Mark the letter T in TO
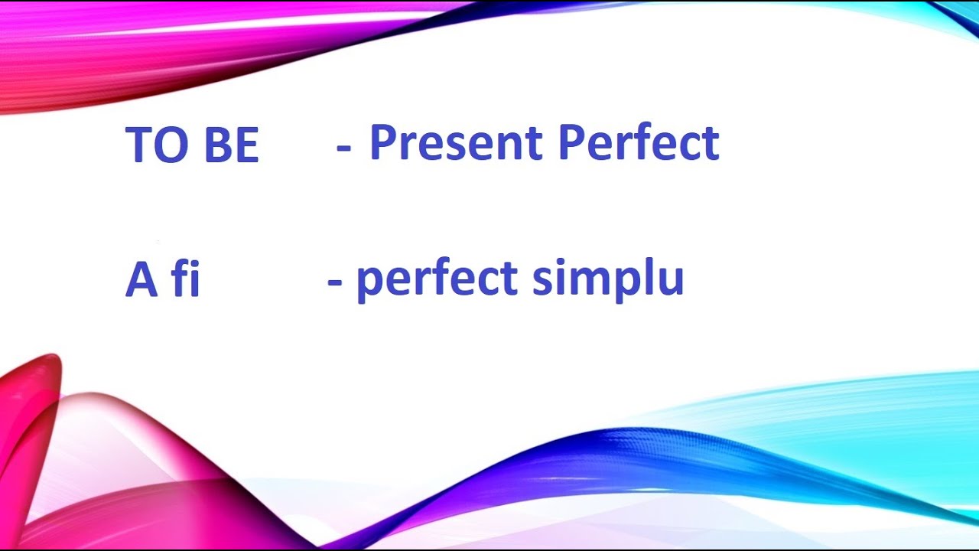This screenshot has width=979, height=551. (138, 145)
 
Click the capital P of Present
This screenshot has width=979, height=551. (382, 143)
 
